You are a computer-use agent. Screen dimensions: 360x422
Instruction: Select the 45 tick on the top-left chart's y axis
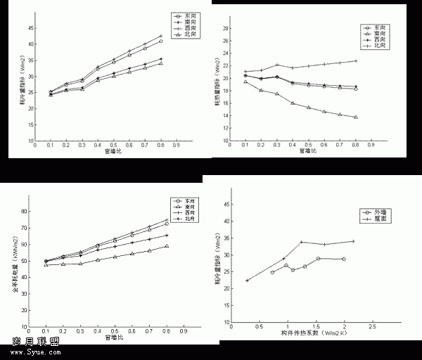tap(32, 27)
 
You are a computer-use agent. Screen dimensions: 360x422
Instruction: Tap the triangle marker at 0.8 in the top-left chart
tap(161, 63)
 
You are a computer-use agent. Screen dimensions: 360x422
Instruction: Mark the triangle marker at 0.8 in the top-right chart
tap(356, 117)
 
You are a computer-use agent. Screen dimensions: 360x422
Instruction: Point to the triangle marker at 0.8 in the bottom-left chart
tap(167, 246)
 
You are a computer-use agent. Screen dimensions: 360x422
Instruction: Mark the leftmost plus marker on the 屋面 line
tap(247, 281)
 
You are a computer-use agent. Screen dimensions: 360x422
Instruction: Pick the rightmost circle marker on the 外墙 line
tap(343, 259)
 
